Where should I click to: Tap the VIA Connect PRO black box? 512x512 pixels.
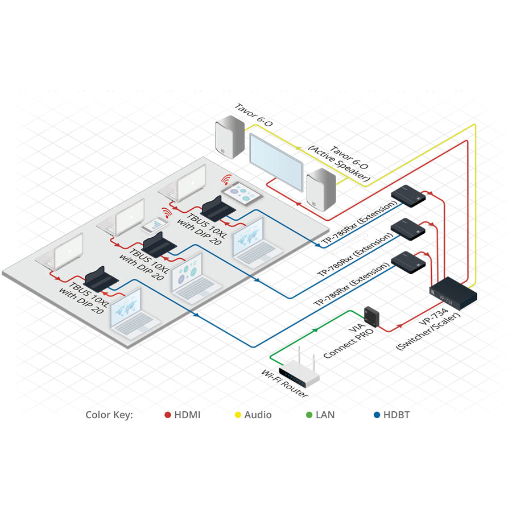click(372, 314)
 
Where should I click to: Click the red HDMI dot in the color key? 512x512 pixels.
click(168, 415)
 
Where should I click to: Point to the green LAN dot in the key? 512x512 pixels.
click(309, 415)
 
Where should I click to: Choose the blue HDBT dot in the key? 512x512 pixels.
click(377, 415)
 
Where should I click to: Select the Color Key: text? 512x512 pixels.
click(109, 415)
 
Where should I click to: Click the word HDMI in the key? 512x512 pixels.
click(187, 415)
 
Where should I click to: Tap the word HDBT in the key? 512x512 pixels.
click(396, 415)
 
